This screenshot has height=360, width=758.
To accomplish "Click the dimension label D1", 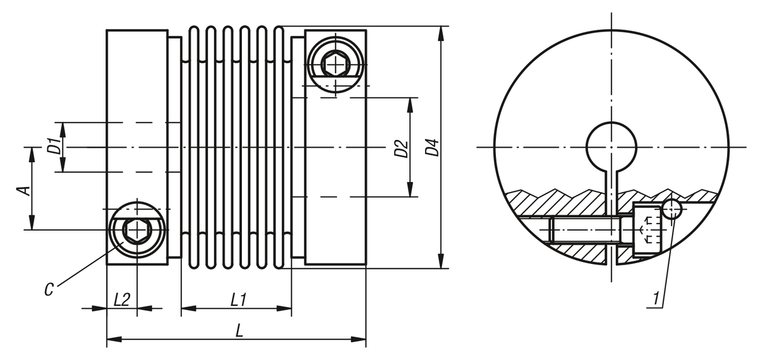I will (54, 147).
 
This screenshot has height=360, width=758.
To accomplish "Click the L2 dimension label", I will (121, 299).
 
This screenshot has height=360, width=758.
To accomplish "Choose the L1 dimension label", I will (238, 299).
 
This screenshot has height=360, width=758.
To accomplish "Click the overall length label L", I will (239, 330).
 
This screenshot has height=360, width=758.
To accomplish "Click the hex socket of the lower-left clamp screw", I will (136, 231).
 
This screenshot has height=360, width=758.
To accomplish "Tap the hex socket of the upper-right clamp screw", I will (335, 63).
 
